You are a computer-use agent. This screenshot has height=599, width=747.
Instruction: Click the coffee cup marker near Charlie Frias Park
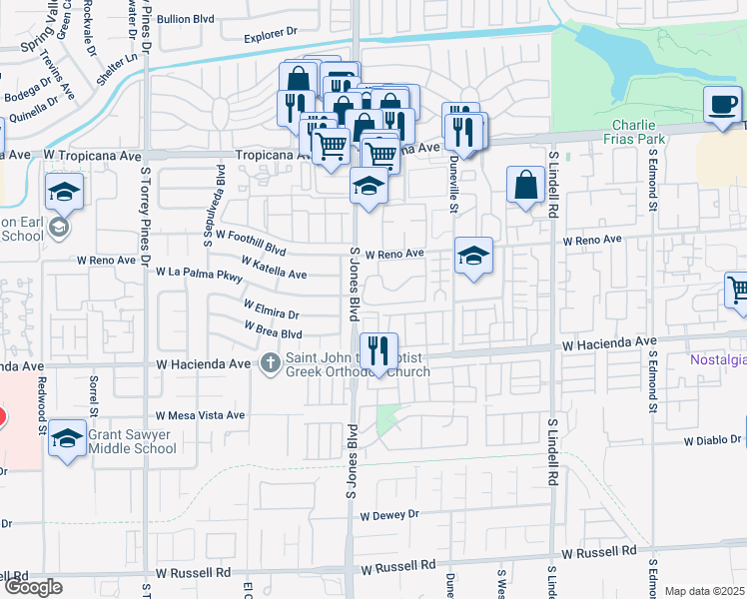tap(723, 105)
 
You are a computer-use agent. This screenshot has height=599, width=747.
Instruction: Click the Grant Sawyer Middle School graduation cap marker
tap(67, 438)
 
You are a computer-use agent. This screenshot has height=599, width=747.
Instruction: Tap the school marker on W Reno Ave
tap(473, 257)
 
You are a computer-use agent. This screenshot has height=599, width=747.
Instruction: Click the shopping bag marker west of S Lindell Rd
tap(525, 185)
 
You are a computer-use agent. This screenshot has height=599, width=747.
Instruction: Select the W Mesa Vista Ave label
tap(200, 415)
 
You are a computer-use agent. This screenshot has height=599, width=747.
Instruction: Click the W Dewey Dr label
tap(389, 515)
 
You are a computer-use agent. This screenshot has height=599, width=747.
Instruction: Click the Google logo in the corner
tap(32, 587)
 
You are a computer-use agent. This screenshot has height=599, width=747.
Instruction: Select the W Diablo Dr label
tap(714, 439)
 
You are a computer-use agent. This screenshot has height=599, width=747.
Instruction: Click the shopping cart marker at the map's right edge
tap(737, 291)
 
